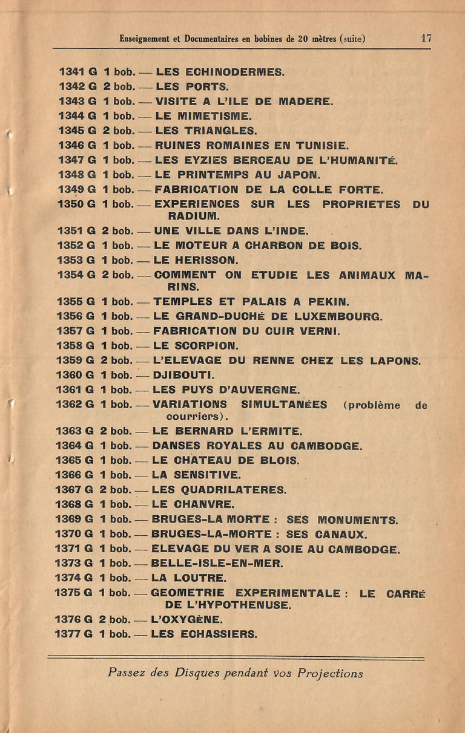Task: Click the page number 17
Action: click(426, 37)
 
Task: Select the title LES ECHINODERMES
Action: click(220, 72)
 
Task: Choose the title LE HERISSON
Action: click(196, 261)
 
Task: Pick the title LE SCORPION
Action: click(196, 346)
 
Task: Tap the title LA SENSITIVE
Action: click(196, 475)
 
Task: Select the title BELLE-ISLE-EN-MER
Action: click(217, 564)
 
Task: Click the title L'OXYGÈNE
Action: click(186, 620)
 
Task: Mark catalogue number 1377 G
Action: click(73, 634)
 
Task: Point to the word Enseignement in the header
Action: click(145, 39)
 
